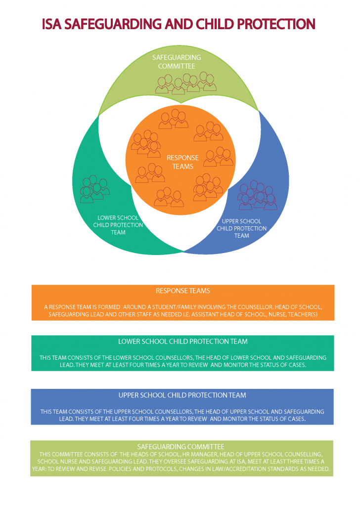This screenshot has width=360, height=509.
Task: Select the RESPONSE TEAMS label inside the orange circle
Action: (182, 162)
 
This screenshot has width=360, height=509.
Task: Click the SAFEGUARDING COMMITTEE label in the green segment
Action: (177, 62)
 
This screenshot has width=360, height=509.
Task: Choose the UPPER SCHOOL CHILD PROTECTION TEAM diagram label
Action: (241, 228)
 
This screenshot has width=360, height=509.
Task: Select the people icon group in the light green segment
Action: (186, 83)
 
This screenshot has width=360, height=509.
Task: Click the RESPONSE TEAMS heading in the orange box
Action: (183, 291)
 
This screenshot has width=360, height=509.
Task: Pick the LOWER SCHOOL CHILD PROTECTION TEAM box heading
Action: (182, 341)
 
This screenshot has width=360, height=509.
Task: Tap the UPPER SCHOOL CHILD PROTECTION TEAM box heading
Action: (182, 395)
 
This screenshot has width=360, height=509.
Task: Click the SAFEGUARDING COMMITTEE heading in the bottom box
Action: (183, 447)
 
